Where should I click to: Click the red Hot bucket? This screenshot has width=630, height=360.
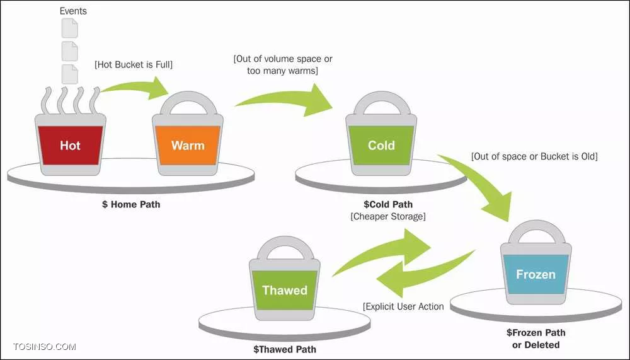coord(71,145)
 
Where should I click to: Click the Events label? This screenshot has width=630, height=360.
coord(73,11)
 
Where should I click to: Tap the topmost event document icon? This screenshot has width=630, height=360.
coord(69,28)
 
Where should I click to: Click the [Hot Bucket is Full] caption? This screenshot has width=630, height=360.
coord(134,64)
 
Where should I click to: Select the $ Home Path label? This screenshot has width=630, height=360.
coord(131,204)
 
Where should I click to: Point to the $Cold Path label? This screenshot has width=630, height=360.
coord(388,204)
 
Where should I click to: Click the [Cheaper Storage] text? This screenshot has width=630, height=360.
coord(388,216)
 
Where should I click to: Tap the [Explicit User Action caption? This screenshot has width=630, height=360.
coord(403,306)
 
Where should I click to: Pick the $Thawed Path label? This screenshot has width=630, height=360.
coord(285,349)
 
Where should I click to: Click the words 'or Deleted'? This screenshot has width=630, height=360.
coord(536,345)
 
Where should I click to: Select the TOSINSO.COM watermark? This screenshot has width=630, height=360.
coord(44,347)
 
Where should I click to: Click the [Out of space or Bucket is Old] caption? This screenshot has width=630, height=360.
coord(534,156)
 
